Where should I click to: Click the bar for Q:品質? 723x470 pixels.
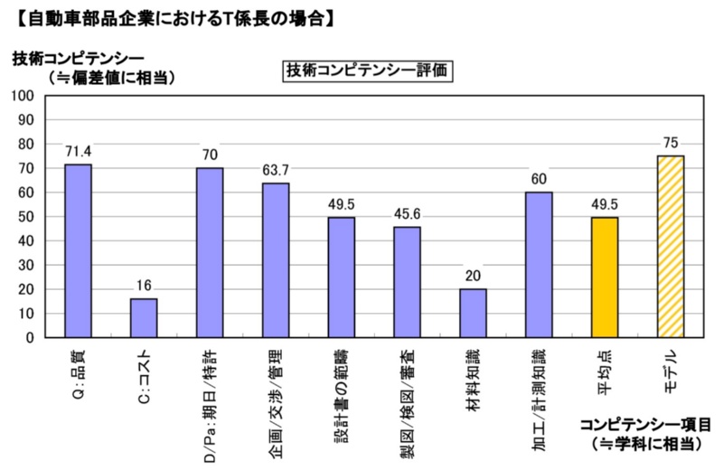(78, 250)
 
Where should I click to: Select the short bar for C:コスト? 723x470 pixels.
(144, 317)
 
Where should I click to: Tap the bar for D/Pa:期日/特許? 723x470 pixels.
(210, 252)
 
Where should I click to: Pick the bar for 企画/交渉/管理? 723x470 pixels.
(276, 260)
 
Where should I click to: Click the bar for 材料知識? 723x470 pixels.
(473, 313)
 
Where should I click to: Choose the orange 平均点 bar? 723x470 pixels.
(604, 277)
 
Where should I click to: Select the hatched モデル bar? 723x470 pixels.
(670, 246)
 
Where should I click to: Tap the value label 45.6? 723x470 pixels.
(407, 213)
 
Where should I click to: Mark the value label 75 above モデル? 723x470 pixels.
(670, 142)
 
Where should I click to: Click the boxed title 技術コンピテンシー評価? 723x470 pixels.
(367, 70)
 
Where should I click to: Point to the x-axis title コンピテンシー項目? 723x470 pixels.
(645, 424)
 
